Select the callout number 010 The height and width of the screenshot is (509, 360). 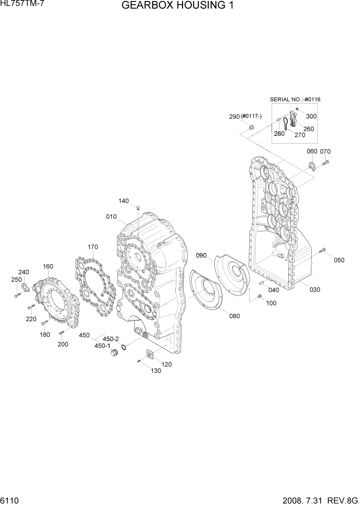click(112, 217)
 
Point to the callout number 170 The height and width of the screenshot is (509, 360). click(92, 247)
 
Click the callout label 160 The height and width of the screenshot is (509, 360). click(48, 266)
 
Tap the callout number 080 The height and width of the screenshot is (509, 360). click(234, 316)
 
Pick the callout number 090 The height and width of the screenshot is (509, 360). click(201, 255)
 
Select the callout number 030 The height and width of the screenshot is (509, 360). click(314, 289)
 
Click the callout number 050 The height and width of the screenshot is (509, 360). click(339, 260)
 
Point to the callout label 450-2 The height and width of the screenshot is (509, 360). click(111, 339)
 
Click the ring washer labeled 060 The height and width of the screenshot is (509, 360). click(311, 165)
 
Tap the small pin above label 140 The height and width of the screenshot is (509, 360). click(138, 207)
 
